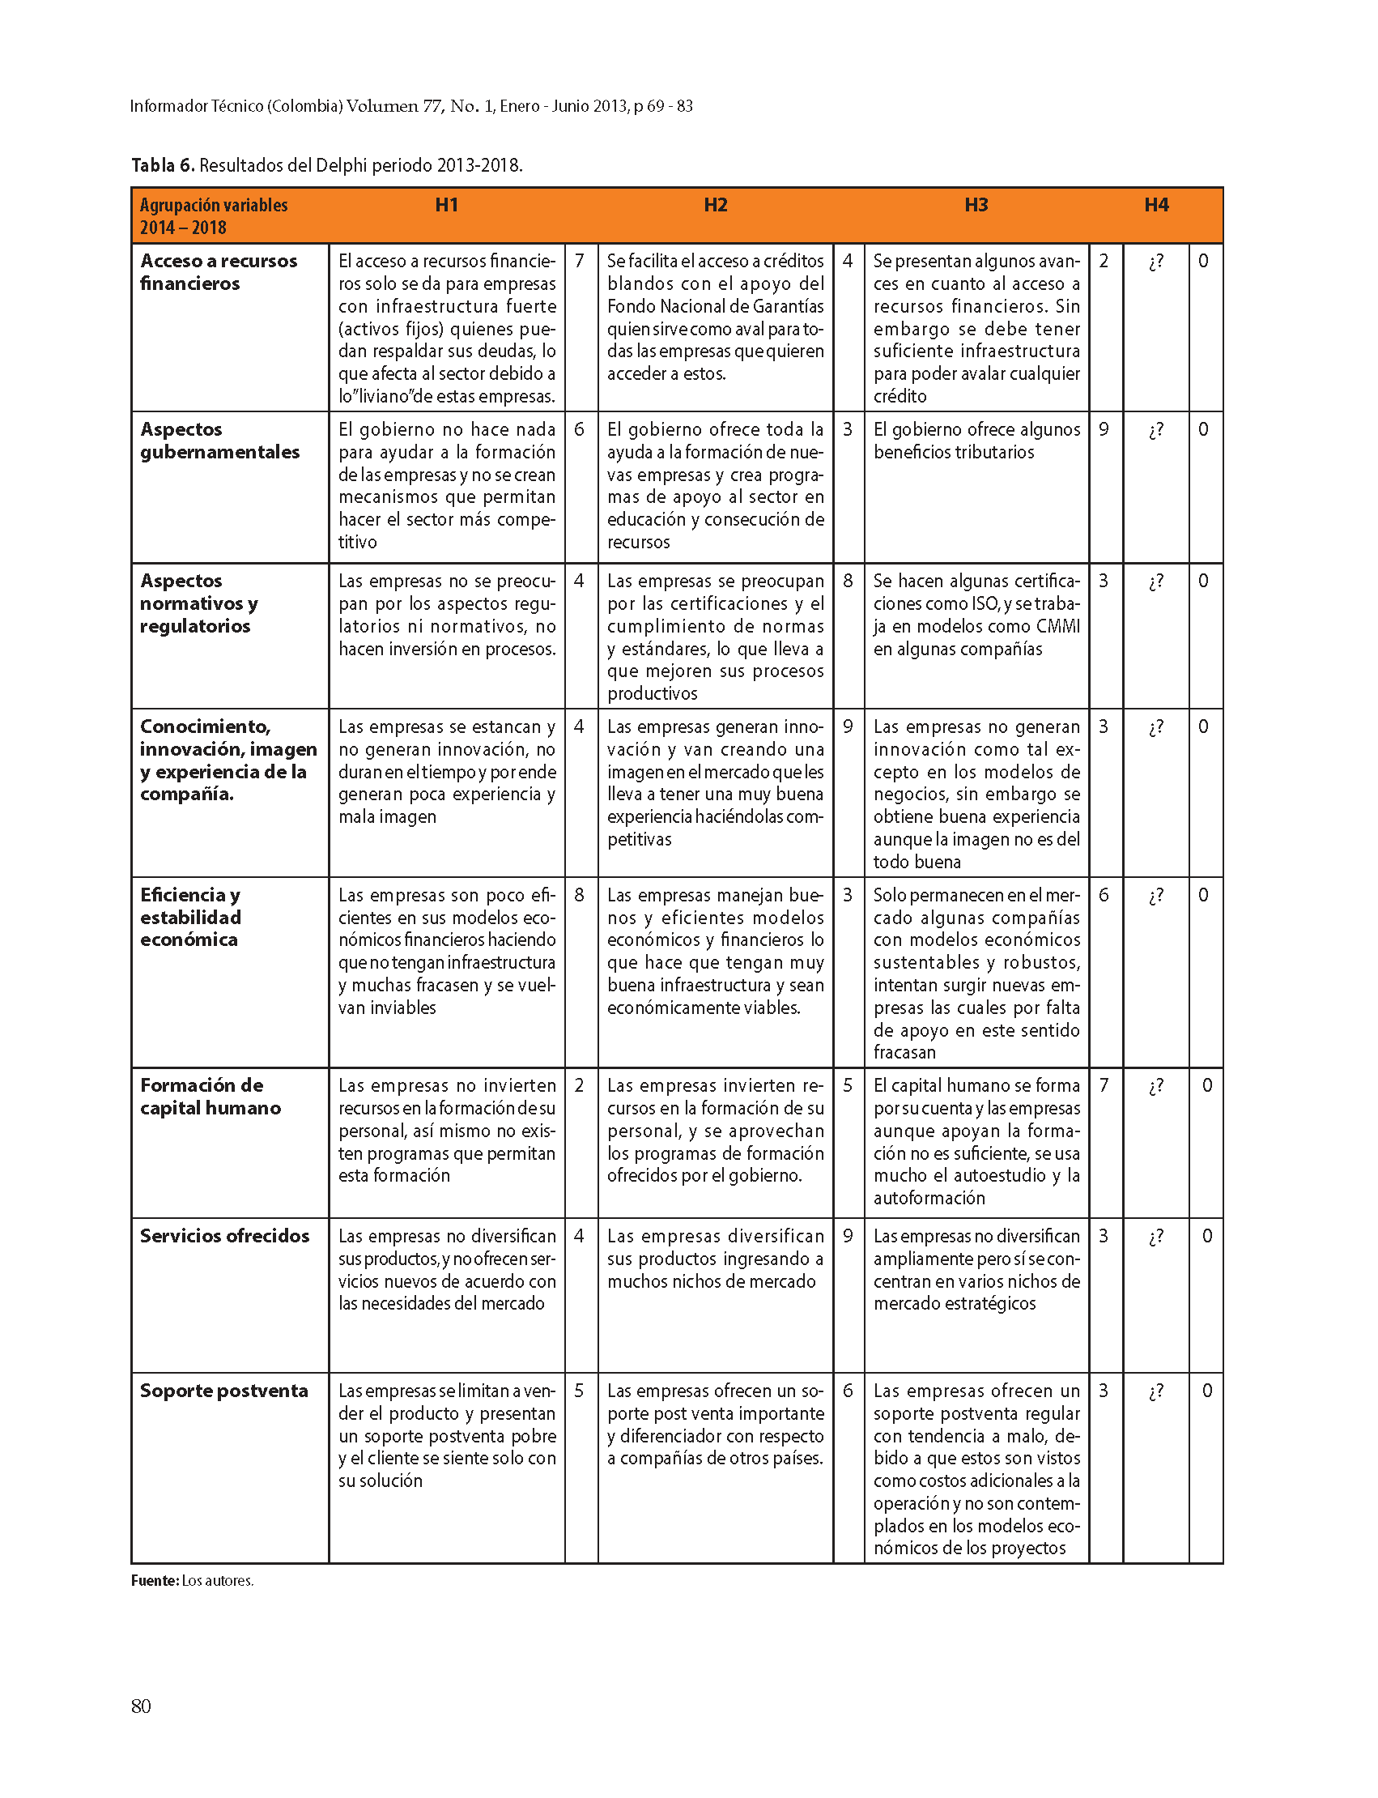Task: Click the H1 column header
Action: click(446, 205)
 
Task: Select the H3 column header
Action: click(976, 205)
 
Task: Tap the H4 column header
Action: click(1155, 205)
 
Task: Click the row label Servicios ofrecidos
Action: click(224, 1236)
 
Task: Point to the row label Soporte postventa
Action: click(223, 1391)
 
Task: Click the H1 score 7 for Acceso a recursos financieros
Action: click(579, 261)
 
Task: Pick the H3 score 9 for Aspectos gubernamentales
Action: click(1104, 429)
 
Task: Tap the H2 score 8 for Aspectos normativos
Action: click(848, 581)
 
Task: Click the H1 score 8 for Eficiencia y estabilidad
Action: click(579, 895)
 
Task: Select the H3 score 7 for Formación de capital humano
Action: click(1104, 1086)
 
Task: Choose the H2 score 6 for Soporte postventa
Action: click(848, 1391)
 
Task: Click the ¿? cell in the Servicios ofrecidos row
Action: click(1155, 1237)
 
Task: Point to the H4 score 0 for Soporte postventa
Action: click(1206, 1391)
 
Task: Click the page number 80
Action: click(141, 1706)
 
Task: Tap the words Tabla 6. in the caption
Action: click(163, 166)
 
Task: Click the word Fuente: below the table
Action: click(154, 1580)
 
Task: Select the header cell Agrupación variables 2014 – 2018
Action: click(213, 216)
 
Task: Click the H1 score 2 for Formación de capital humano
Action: click(579, 1086)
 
